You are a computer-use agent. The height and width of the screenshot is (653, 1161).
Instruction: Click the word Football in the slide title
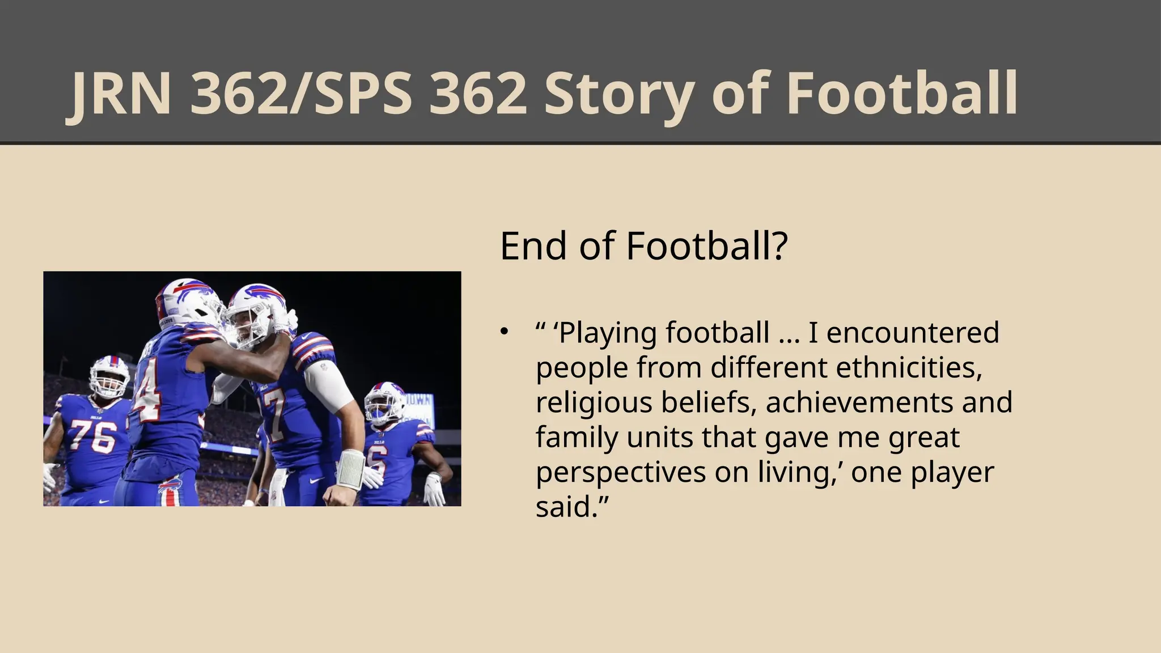click(x=902, y=94)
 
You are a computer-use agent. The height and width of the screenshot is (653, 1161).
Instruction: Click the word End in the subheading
click(x=533, y=246)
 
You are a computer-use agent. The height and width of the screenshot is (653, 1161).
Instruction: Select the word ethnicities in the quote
click(x=909, y=367)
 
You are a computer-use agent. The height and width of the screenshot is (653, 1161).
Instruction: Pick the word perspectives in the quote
click(x=620, y=472)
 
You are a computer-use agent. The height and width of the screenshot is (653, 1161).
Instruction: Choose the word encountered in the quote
click(x=912, y=333)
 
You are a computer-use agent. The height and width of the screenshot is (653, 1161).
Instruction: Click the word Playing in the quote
click(x=607, y=333)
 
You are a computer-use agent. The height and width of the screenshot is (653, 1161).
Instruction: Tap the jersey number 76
click(x=93, y=436)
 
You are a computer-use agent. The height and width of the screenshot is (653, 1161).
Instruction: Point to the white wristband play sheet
click(x=351, y=469)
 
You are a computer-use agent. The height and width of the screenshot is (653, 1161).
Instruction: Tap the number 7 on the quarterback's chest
click(x=274, y=419)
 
